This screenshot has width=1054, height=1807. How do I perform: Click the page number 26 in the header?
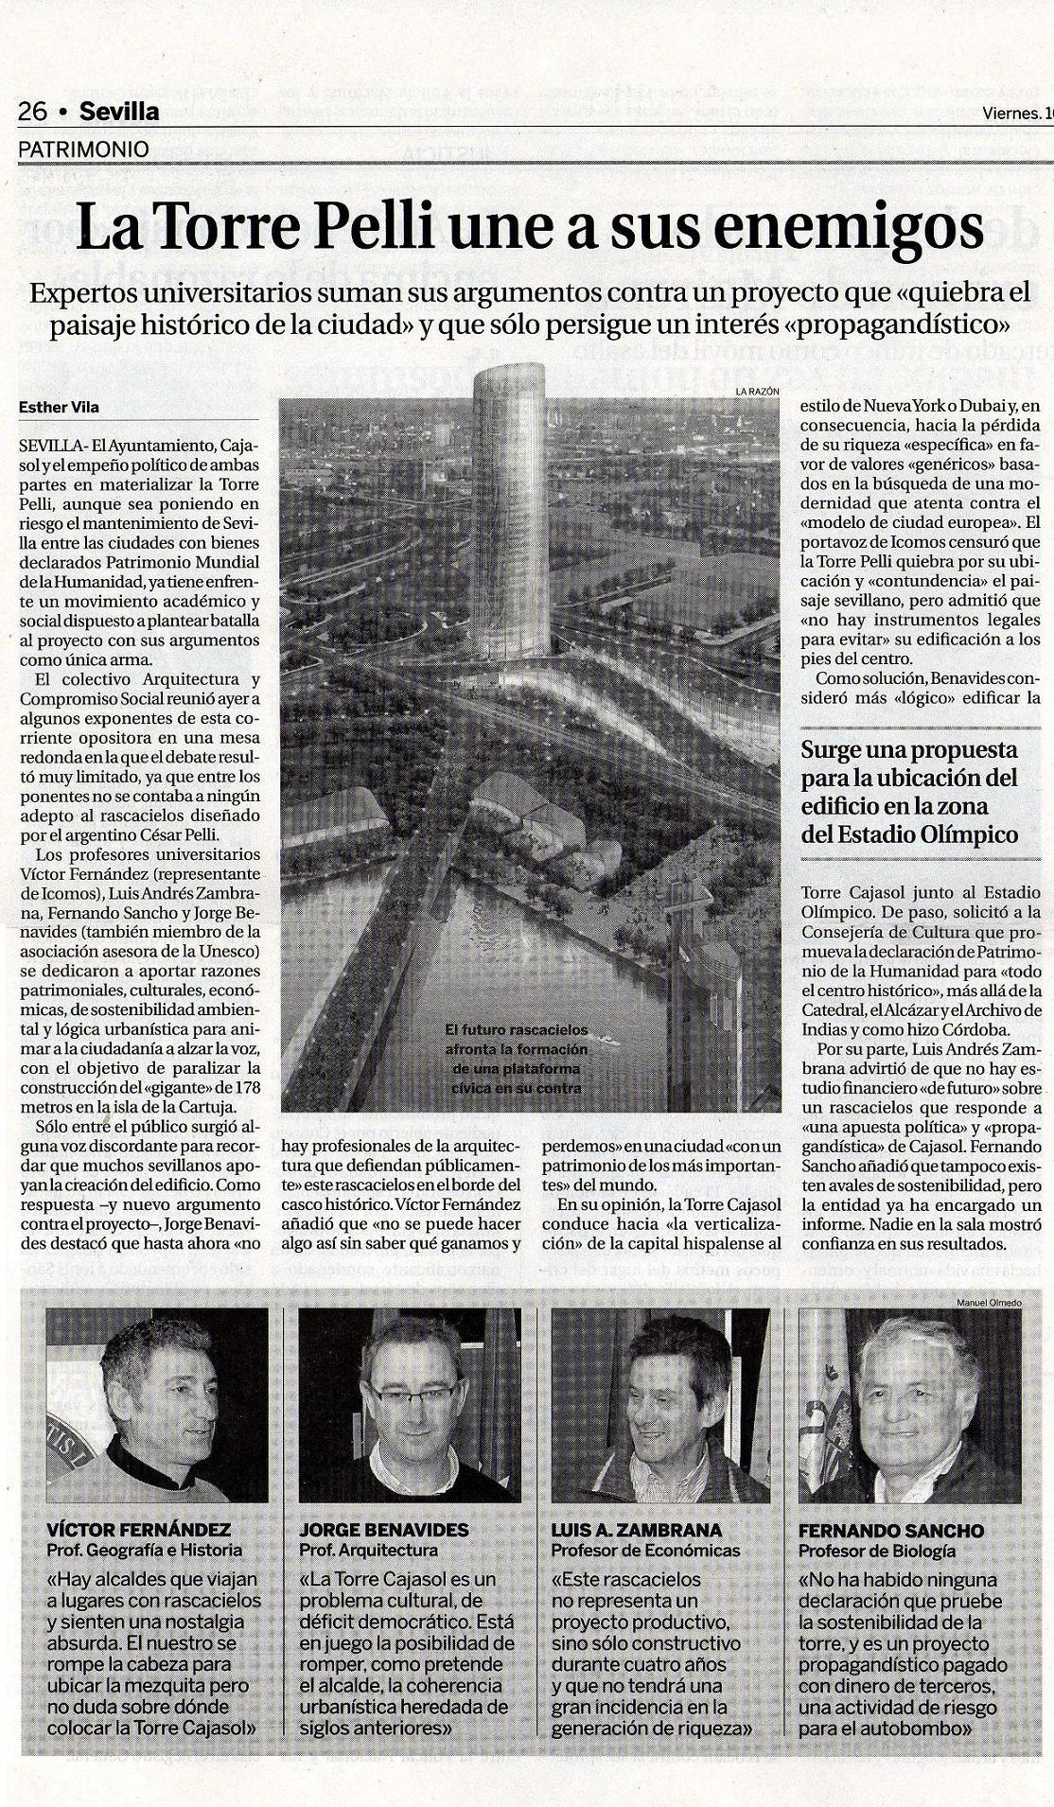point(32,112)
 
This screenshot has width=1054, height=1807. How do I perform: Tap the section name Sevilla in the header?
point(119,112)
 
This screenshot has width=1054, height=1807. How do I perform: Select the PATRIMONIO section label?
point(84,149)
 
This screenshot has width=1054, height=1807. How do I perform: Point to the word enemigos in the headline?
point(840,227)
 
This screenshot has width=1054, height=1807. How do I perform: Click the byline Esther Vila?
point(59,408)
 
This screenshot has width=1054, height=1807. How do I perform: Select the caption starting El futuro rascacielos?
point(517,1058)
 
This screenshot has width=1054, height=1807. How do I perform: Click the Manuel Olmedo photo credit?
point(990,1303)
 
